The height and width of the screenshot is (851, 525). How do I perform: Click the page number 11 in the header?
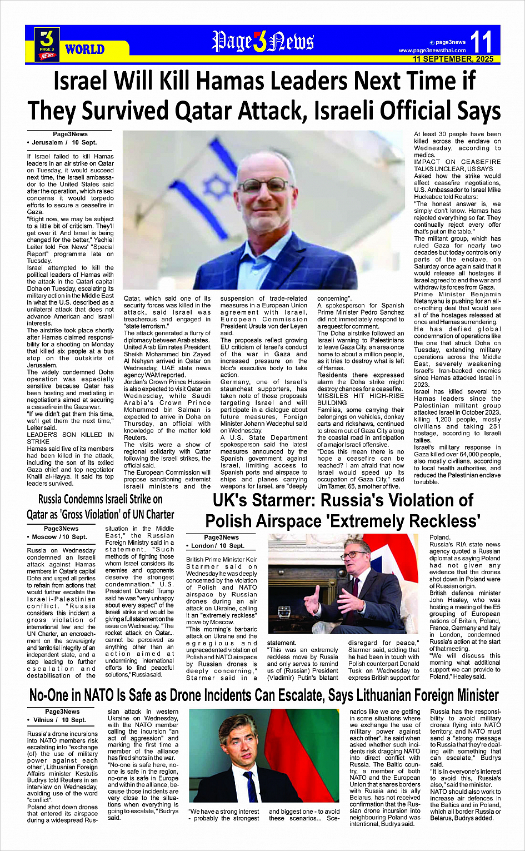click(x=481, y=42)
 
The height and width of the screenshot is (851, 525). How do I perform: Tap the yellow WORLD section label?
click(x=84, y=49)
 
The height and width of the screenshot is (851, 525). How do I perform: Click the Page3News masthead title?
click(x=263, y=42)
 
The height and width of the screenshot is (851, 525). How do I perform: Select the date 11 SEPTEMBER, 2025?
click(x=453, y=59)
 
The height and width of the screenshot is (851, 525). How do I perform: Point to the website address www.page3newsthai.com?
click(x=432, y=51)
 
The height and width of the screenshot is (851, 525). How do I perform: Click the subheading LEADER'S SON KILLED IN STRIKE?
click(x=70, y=438)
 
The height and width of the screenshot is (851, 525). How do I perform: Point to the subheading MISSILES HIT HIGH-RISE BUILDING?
click(x=360, y=399)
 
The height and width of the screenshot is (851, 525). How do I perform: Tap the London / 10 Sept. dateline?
click(x=217, y=546)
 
